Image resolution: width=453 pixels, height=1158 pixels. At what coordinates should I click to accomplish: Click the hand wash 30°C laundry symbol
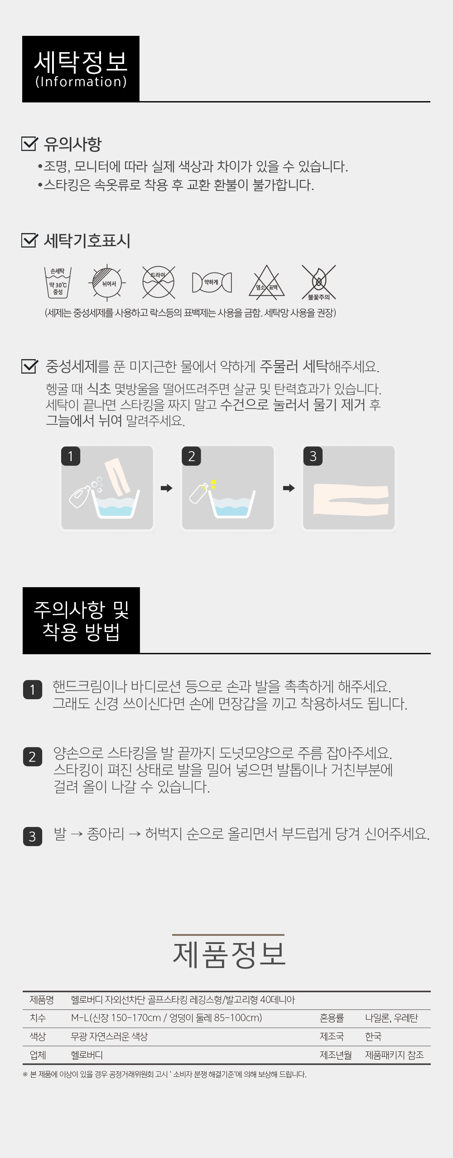[58, 282]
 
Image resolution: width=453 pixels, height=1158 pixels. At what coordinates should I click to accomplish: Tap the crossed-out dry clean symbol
[158, 282]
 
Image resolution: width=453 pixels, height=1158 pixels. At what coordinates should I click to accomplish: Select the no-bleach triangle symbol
[266, 282]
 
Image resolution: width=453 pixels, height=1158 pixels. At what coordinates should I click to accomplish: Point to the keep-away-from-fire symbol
[319, 282]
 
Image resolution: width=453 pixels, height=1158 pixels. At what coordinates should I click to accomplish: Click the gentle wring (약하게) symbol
[212, 282]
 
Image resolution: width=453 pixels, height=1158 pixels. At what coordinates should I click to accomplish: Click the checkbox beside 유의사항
[29, 144]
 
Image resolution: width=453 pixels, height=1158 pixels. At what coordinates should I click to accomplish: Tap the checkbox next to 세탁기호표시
[29, 240]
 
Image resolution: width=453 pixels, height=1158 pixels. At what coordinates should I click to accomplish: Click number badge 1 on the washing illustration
[71, 456]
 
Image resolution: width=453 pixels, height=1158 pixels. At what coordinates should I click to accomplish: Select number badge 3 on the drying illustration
[313, 456]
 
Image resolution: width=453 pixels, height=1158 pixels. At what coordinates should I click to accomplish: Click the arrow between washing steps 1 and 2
[167, 488]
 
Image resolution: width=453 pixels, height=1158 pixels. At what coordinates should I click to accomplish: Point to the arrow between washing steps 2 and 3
[289, 488]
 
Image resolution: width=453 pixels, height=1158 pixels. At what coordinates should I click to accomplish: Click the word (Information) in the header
[81, 82]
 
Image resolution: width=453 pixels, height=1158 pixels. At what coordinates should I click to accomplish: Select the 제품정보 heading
[229, 954]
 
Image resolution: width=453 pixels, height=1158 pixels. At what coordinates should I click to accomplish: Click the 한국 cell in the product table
[373, 1036]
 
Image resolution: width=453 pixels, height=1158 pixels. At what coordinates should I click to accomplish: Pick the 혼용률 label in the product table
[332, 1018]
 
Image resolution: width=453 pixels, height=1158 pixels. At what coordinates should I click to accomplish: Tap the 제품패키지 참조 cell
[394, 1055]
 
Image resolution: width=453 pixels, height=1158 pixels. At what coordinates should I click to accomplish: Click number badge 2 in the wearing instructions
[32, 757]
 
